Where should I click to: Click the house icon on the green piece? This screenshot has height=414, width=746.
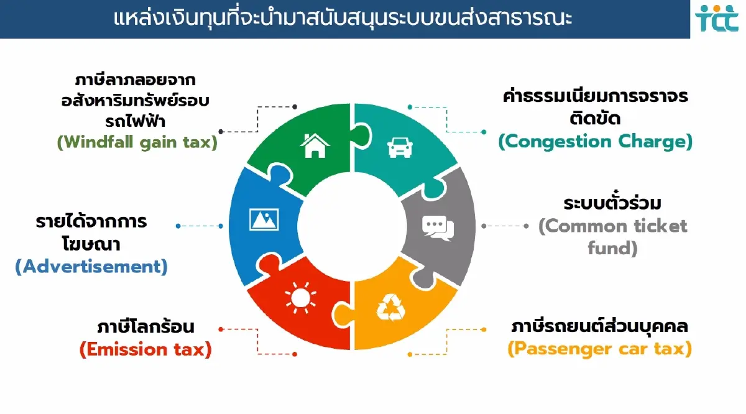pyautogui.click(x=315, y=147)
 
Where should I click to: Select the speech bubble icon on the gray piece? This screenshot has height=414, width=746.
pyautogui.click(x=438, y=227)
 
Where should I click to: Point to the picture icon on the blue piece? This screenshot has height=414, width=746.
pyautogui.click(x=264, y=219)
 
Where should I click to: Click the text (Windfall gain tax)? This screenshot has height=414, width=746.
pyautogui.click(x=137, y=142)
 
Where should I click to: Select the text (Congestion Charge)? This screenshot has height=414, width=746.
pyautogui.click(x=595, y=142)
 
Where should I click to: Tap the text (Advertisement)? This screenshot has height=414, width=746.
pyautogui.click(x=91, y=267)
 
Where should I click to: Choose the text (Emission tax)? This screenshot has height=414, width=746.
pyautogui.click(x=145, y=349)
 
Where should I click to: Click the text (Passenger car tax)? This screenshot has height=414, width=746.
pyautogui.click(x=599, y=349)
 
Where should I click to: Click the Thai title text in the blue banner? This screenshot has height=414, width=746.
pyautogui.click(x=343, y=18)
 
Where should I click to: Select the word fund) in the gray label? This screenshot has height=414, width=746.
pyautogui.click(x=612, y=248)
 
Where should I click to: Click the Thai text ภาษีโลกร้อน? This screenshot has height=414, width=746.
pyautogui.click(x=145, y=327)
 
